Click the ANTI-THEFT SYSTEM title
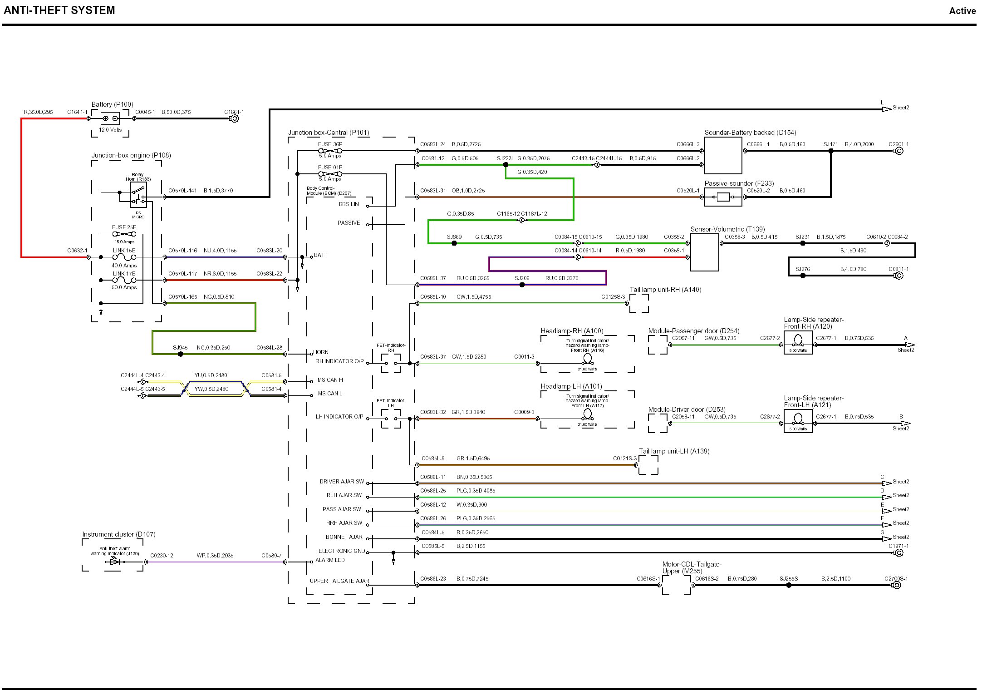click(x=59, y=10)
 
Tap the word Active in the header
click(x=962, y=11)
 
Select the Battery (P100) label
click(x=113, y=104)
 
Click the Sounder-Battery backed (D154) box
click(x=723, y=156)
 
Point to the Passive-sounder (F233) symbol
click(x=723, y=197)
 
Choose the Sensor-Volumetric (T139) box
click(x=704, y=252)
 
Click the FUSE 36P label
click(x=330, y=144)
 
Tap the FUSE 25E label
click(x=124, y=227)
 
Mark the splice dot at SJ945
click(x=180, y=354)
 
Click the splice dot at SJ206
click(x=522, y=285)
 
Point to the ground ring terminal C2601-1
click(x=899, y=151)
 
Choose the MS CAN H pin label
click(x=330, y=380)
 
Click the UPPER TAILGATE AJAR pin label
click(x=339, y=581)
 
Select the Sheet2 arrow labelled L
click(x=887, y=109)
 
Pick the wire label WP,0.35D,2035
click(x=215, y=556)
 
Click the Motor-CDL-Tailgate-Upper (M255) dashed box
click(x=676, y=585)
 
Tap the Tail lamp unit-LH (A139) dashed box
click(x=648, y=465)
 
